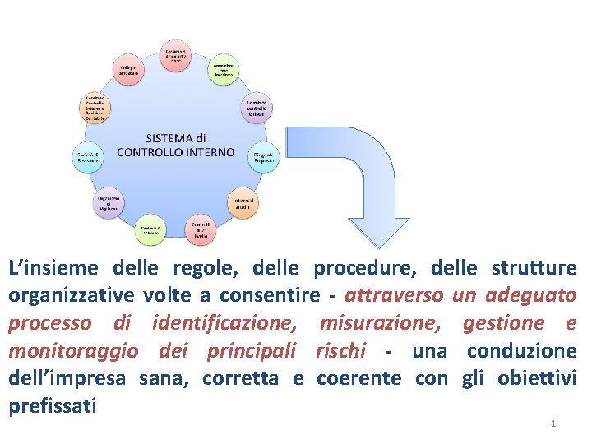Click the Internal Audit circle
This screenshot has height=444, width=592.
pos(243,201)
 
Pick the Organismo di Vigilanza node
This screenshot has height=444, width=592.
pos(108,201)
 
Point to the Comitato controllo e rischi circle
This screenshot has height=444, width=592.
pos(256,108)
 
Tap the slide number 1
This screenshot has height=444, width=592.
pos(553,423)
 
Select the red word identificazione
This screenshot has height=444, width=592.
pos(224,323)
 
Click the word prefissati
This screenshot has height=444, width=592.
pos(52,405)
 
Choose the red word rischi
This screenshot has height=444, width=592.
pos(340,351)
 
